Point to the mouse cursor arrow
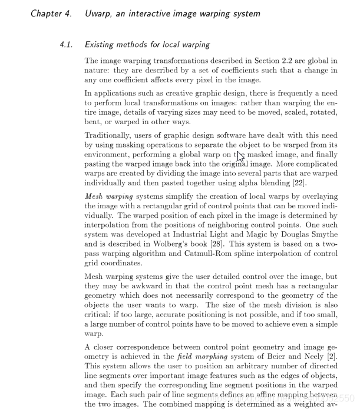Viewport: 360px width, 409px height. [x=240, y=157]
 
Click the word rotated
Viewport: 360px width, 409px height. [x=323, y=112]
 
